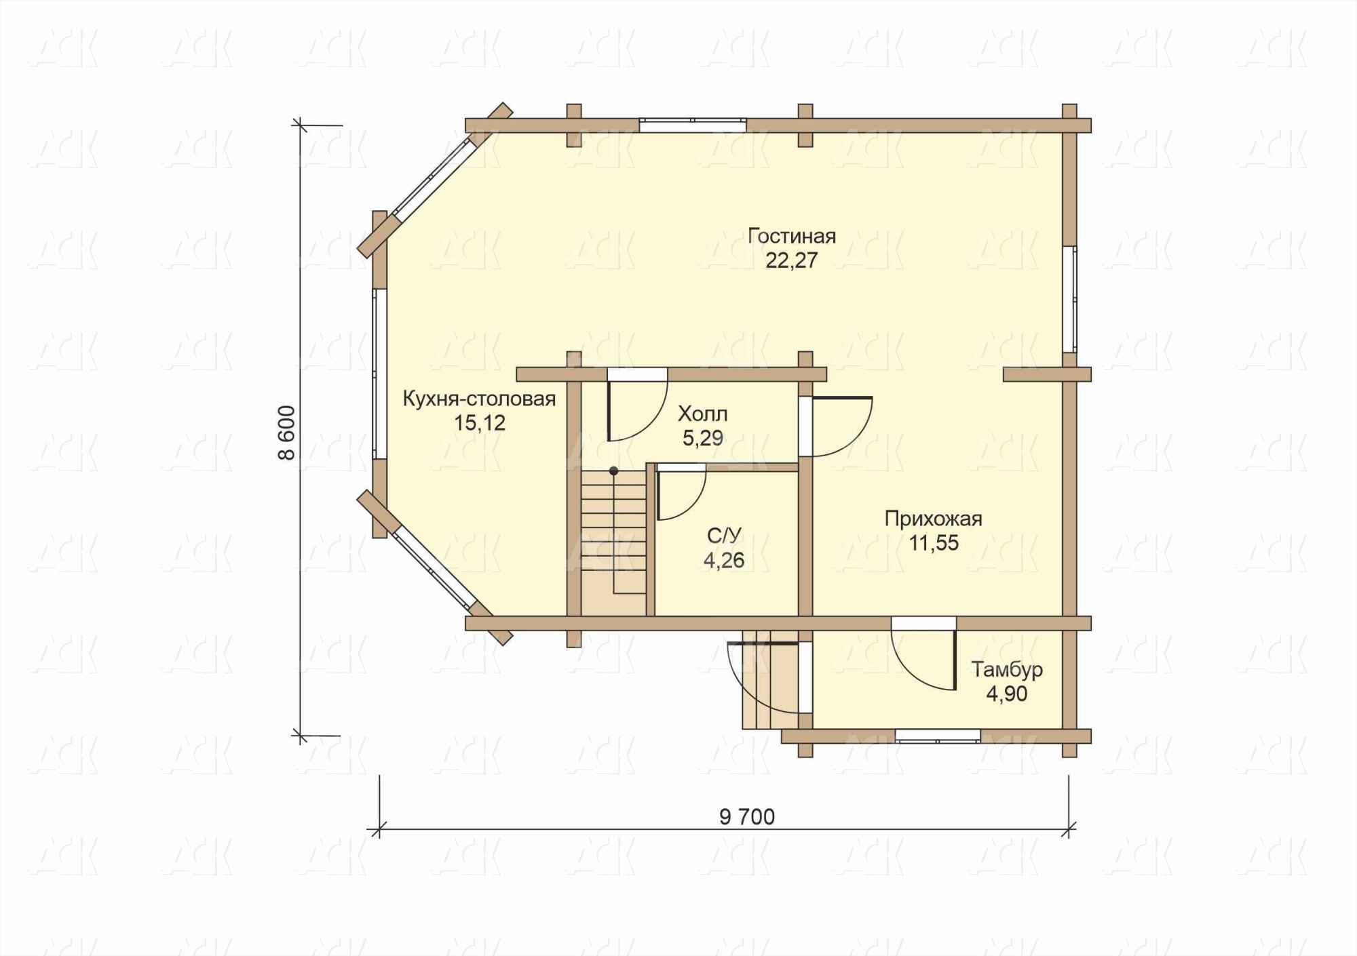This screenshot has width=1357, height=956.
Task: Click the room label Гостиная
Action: [791, 236]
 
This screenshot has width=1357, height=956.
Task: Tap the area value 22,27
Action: [791, 260]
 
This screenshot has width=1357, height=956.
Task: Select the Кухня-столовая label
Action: [479, 399]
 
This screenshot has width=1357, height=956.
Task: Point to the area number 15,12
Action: [480, 423]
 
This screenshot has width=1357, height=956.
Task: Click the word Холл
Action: [703, 414]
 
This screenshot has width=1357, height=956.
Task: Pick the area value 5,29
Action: [703, 438]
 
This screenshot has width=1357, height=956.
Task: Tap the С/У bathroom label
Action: [724, 536]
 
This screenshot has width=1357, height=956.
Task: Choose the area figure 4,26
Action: [724, 560]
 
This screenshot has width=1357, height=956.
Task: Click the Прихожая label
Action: [934, 519]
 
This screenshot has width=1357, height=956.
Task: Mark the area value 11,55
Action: [934, 542]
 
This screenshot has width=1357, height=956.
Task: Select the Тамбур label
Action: [1007, 670]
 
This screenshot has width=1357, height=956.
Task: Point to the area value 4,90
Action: [1007, 694]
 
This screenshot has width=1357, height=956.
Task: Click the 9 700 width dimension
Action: [747, 817]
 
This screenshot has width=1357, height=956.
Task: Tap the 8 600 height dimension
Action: [287, 433]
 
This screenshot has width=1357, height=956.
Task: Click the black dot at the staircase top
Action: [613, 470]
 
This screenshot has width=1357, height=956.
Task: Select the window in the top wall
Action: [693, 125]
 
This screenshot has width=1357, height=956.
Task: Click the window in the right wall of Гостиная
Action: [1069, 299]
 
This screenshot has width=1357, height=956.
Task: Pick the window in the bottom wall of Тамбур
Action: [938, 736]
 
